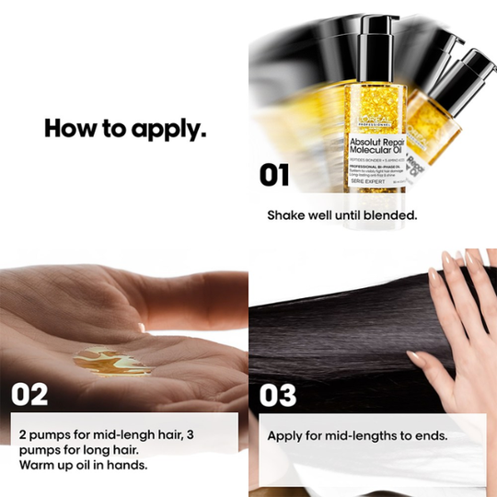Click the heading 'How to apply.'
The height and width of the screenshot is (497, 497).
[125, 128]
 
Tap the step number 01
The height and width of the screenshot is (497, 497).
[274, 175]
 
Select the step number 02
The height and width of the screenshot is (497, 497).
[29, 395]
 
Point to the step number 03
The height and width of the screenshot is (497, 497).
[278, 395]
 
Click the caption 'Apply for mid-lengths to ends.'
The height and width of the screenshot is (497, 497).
[357, 433]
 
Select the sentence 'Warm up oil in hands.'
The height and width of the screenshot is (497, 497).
[81, 465]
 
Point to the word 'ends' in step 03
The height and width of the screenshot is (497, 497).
[429, 433]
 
